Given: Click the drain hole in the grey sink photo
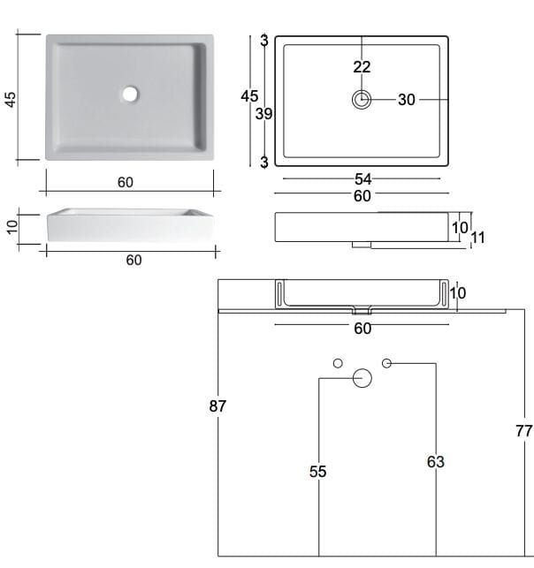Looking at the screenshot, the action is (x=130, y=94).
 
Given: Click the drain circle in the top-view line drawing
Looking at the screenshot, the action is (x=362, y=99).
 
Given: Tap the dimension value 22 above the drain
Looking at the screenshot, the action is (x=362, y=67).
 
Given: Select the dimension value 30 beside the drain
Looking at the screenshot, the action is (x=407, y=100).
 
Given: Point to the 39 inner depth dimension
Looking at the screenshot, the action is (x=264, y=114).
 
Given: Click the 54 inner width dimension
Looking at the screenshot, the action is (x=362, y=179).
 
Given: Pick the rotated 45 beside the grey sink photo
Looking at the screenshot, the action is (x=11, y=100).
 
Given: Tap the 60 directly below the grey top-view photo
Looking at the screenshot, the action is (x=126, y=182).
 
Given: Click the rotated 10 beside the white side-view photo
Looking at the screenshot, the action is (x=12, y=227).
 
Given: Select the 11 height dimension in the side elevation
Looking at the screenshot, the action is (x=477, y=238).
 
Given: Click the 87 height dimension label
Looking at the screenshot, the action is (x=217, y=406).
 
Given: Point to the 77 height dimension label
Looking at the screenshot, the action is (x=524, y=431).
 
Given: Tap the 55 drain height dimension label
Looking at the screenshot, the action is (x=318, y=472).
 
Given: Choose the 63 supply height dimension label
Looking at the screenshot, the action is (x=435, y=462).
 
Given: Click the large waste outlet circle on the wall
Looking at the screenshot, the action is (x=362, y=378).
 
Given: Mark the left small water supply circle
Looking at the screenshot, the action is (x=338, y=363).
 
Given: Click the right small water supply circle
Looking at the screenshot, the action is (x=387, y=363).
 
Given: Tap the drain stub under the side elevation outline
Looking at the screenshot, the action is (x=362, y=245).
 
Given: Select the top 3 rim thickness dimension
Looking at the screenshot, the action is (x=264, y=41).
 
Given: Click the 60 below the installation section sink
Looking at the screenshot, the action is (x=362, y=329).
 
